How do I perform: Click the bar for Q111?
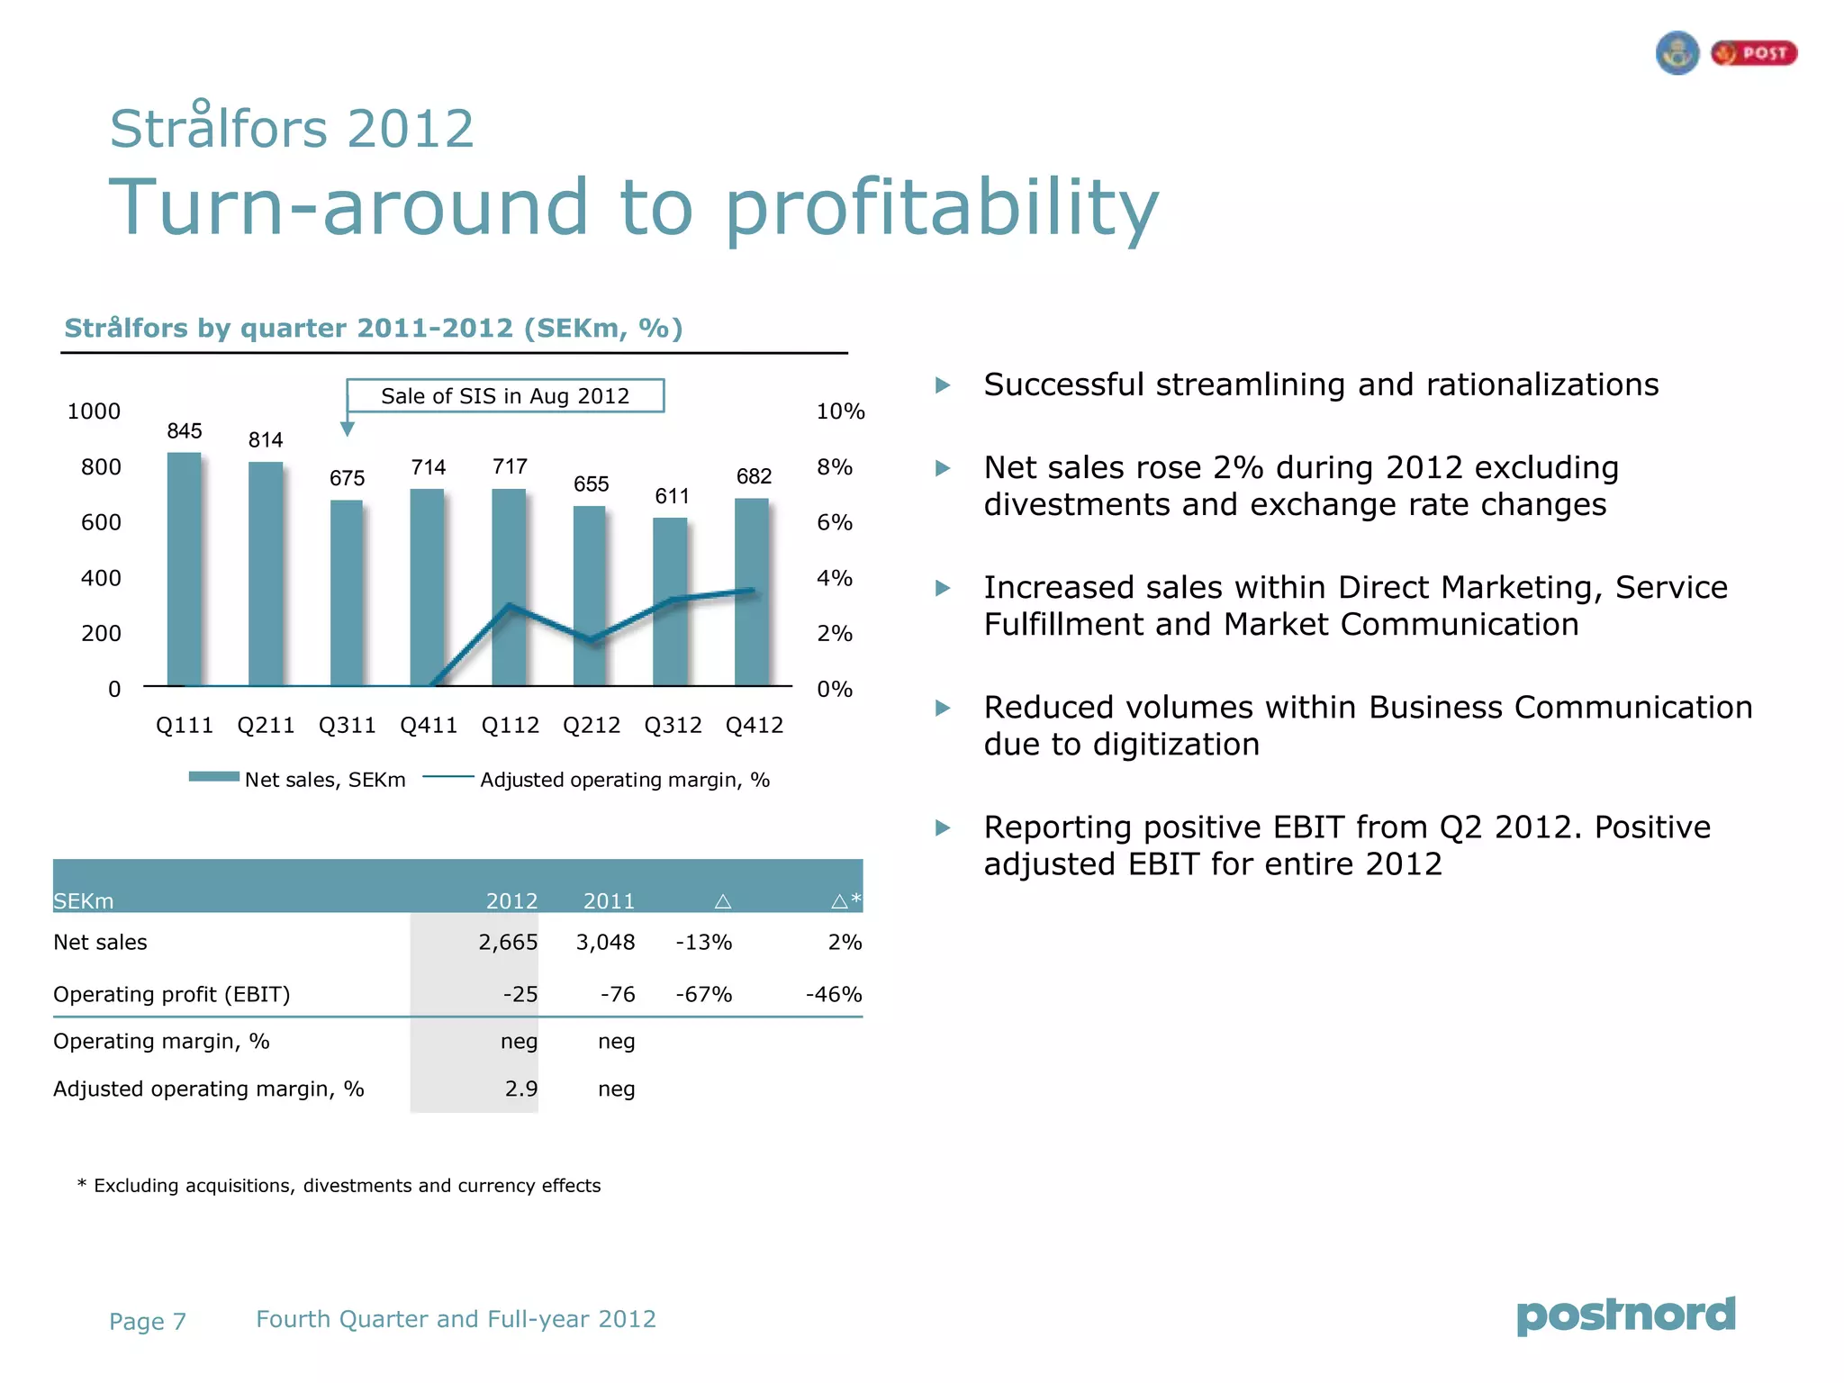coord(185,569)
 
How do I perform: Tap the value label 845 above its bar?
coord(185,431)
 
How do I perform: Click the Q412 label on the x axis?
coord(755,726)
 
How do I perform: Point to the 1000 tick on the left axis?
coord(94,411)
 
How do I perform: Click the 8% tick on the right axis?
coord(835,467)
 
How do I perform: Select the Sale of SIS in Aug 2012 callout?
coord(505,396)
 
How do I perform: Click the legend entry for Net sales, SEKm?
coord(297,779)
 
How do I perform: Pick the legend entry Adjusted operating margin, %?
coord(596,780)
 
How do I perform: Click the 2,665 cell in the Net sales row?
coord(508,943)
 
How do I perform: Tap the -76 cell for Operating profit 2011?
coord(618,995)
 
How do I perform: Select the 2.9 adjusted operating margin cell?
coord(520,1089)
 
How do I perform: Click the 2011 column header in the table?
coord(609,900)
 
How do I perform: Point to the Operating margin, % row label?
coord(161,1042)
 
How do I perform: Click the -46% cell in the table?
coord(834,995)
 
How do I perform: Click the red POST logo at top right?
coord(1754,53)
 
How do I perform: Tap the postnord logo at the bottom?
coord(1625,1315)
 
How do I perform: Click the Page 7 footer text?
coord(148,1322)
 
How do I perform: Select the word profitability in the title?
coord(942,207)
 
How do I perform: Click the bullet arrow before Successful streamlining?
coord(943,385)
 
